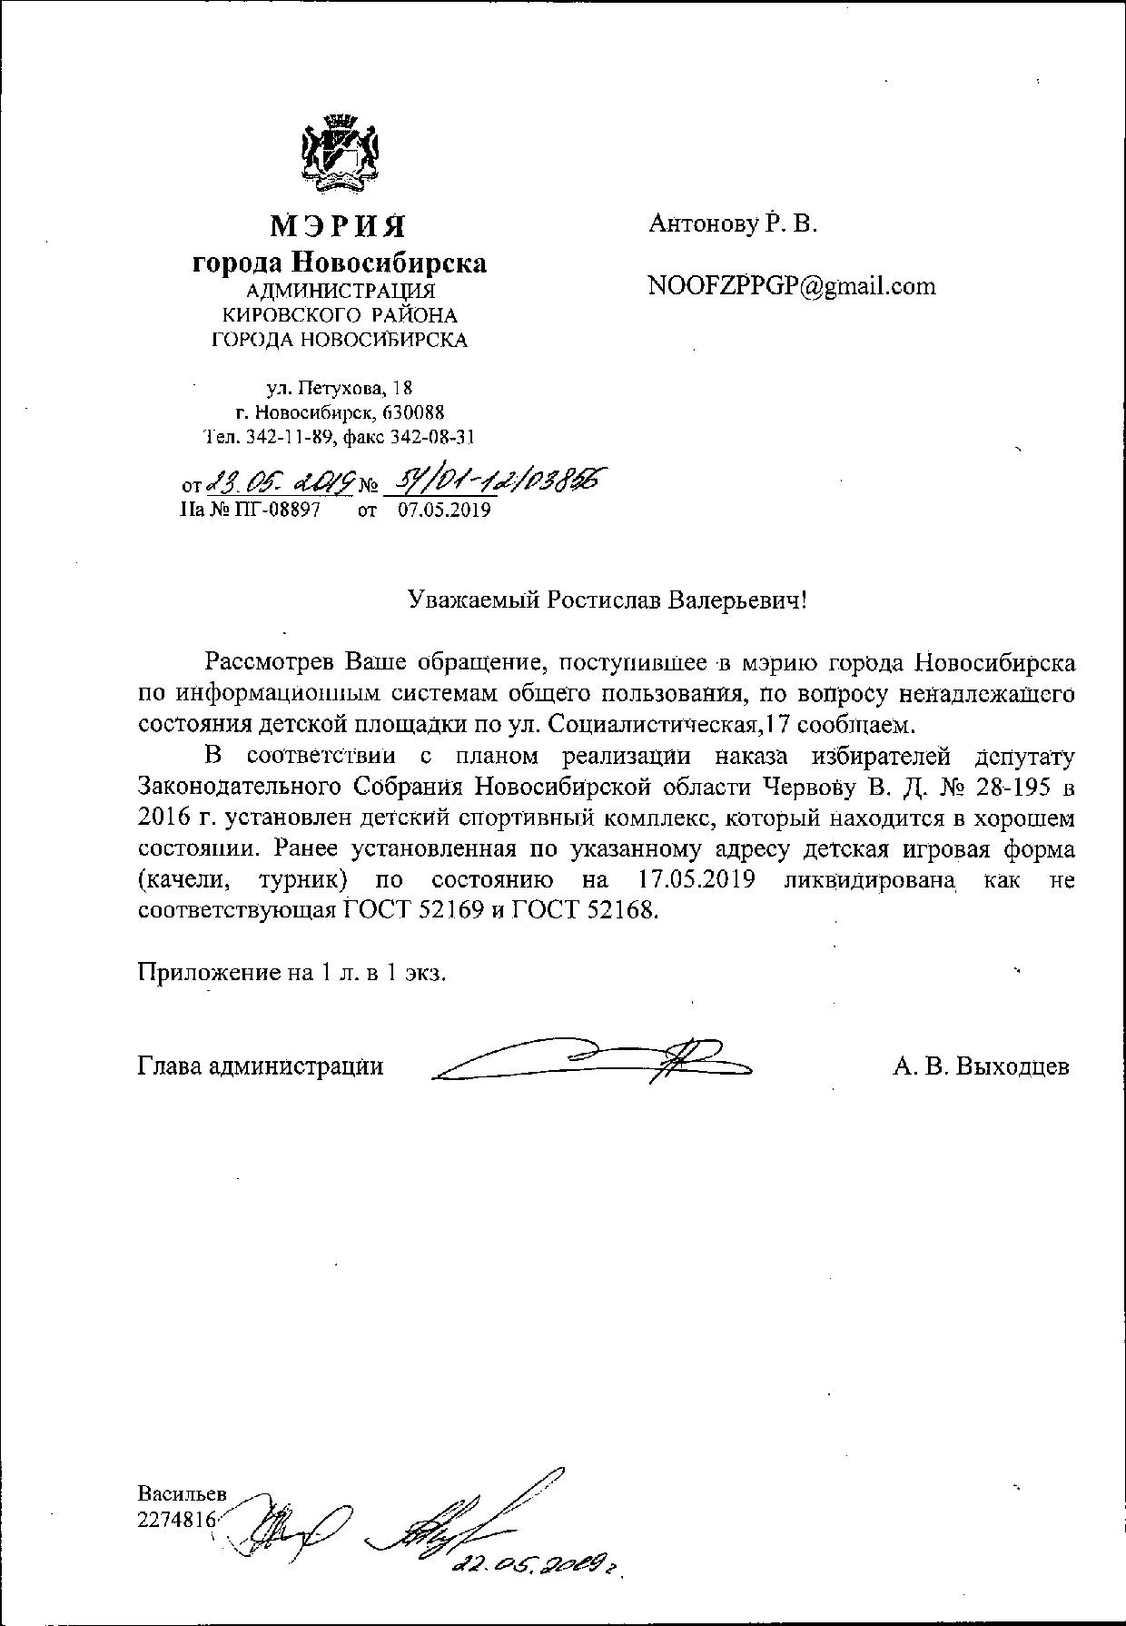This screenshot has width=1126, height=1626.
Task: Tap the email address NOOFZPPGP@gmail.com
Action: pos(791,286)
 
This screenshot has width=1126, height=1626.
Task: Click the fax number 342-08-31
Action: pos(432,437)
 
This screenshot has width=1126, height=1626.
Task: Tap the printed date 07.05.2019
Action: pos(444,510)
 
